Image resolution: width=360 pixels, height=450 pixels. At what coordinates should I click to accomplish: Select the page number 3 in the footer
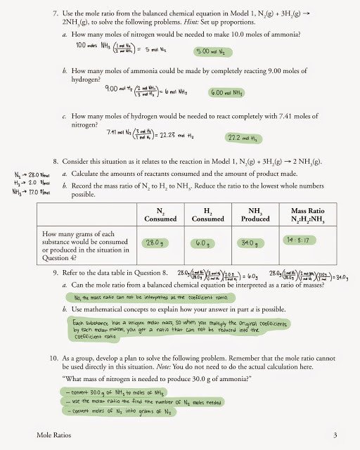click(335, 434)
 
